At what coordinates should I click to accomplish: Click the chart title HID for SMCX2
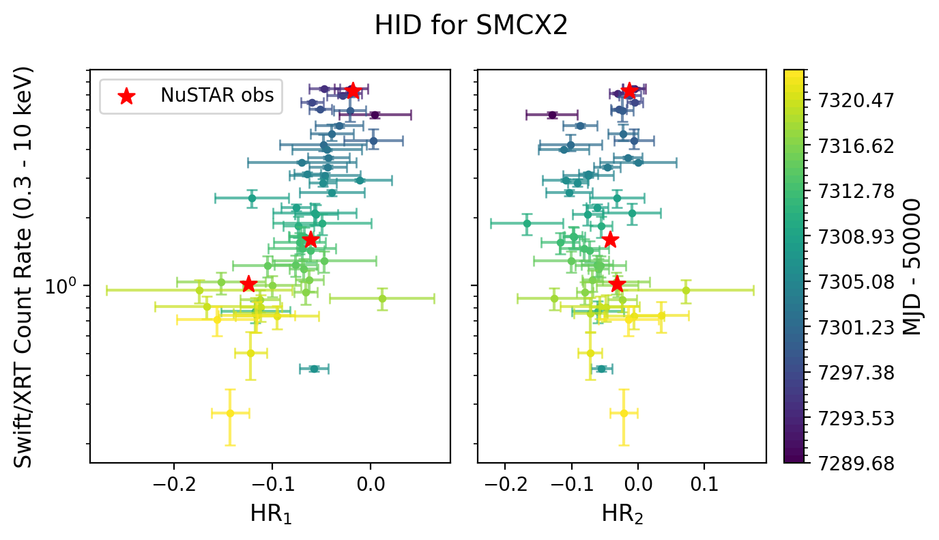click(471, 25)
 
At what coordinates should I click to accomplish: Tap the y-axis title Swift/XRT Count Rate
click(24, 267)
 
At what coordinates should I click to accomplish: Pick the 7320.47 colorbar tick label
click(847, 101)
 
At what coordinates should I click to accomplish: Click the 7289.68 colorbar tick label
click(847, 463)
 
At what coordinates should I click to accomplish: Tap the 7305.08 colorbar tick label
click(847, 282)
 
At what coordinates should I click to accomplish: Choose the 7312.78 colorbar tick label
click(847, 191)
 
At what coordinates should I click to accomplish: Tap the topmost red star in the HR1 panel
click(353, 91)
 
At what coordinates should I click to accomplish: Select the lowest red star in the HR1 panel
click(248, 284)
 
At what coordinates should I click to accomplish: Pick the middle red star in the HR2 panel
click(610, 240)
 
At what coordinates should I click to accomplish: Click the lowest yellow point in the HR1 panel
click(230, 413)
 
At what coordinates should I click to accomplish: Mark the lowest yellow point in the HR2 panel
click(623, 413)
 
